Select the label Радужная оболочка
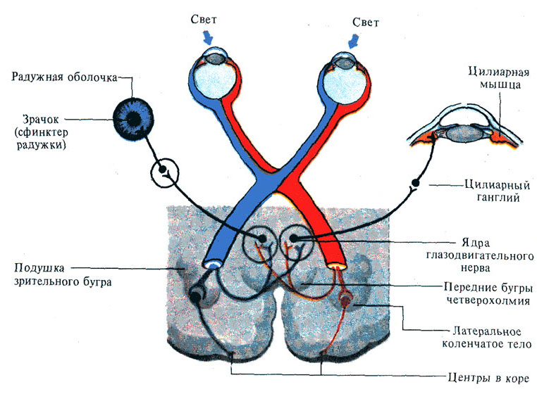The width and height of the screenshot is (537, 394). click(x=63, y=77)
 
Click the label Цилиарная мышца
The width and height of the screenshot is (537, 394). click(x=496, y=78)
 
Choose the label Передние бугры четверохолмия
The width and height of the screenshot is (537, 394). click(x=484, y=294)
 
